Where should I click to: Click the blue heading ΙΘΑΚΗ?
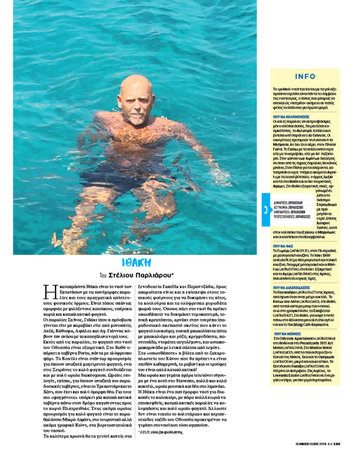136,262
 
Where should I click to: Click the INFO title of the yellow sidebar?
305,77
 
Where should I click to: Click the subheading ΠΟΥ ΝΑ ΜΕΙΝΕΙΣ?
290,333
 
